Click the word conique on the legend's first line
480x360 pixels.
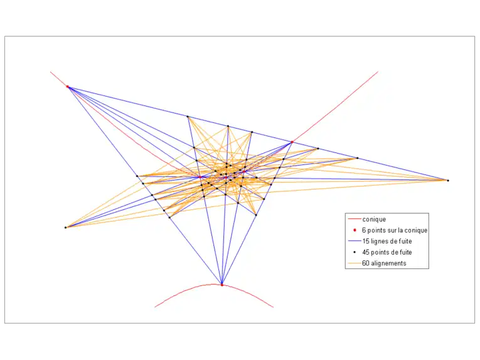[x=374, y=220]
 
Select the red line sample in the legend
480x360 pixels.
[x=355, y=219]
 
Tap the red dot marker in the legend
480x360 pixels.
[x=355, y=230]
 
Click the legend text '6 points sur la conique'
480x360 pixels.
[x=395, y=230]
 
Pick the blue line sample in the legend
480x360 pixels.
[x=355, y=241]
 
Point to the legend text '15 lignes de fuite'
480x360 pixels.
[x=387, y=241]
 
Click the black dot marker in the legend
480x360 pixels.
[x=355, y=252]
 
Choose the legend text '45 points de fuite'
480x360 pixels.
[x=387, y=252]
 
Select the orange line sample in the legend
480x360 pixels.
[x=355, y=263]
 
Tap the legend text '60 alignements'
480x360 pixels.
[x=384, y=263]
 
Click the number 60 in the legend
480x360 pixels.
[x=366, y=263]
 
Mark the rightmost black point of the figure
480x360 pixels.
[x=448, y=181]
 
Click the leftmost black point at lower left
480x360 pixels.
[x=65, y=228]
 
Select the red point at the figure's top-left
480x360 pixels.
[x=67, y=87]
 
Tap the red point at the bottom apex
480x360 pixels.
[x=222, y=285]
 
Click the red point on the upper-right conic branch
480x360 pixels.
[x=292, y=142]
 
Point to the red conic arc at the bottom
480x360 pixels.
[x=215, y=285]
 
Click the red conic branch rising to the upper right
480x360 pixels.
[x=335, y=107]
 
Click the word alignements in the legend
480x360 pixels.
[x=388, y=263]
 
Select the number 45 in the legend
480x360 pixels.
[x=366, y=252]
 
